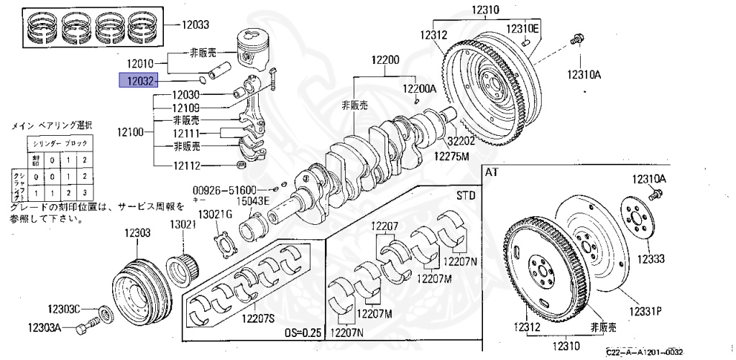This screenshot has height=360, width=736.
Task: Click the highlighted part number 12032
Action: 137,80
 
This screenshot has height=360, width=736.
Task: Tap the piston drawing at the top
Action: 255,48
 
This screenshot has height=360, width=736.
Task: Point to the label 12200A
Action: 419,88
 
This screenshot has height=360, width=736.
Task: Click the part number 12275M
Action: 451,156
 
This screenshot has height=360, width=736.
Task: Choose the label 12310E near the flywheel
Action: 523,28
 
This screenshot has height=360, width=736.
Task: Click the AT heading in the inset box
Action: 491,172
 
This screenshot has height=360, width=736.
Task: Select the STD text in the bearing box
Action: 466,195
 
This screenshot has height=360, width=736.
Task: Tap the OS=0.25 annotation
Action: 304,333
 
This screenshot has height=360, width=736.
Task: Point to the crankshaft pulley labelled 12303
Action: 142,285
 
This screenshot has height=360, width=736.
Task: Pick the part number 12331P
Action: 646,311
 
